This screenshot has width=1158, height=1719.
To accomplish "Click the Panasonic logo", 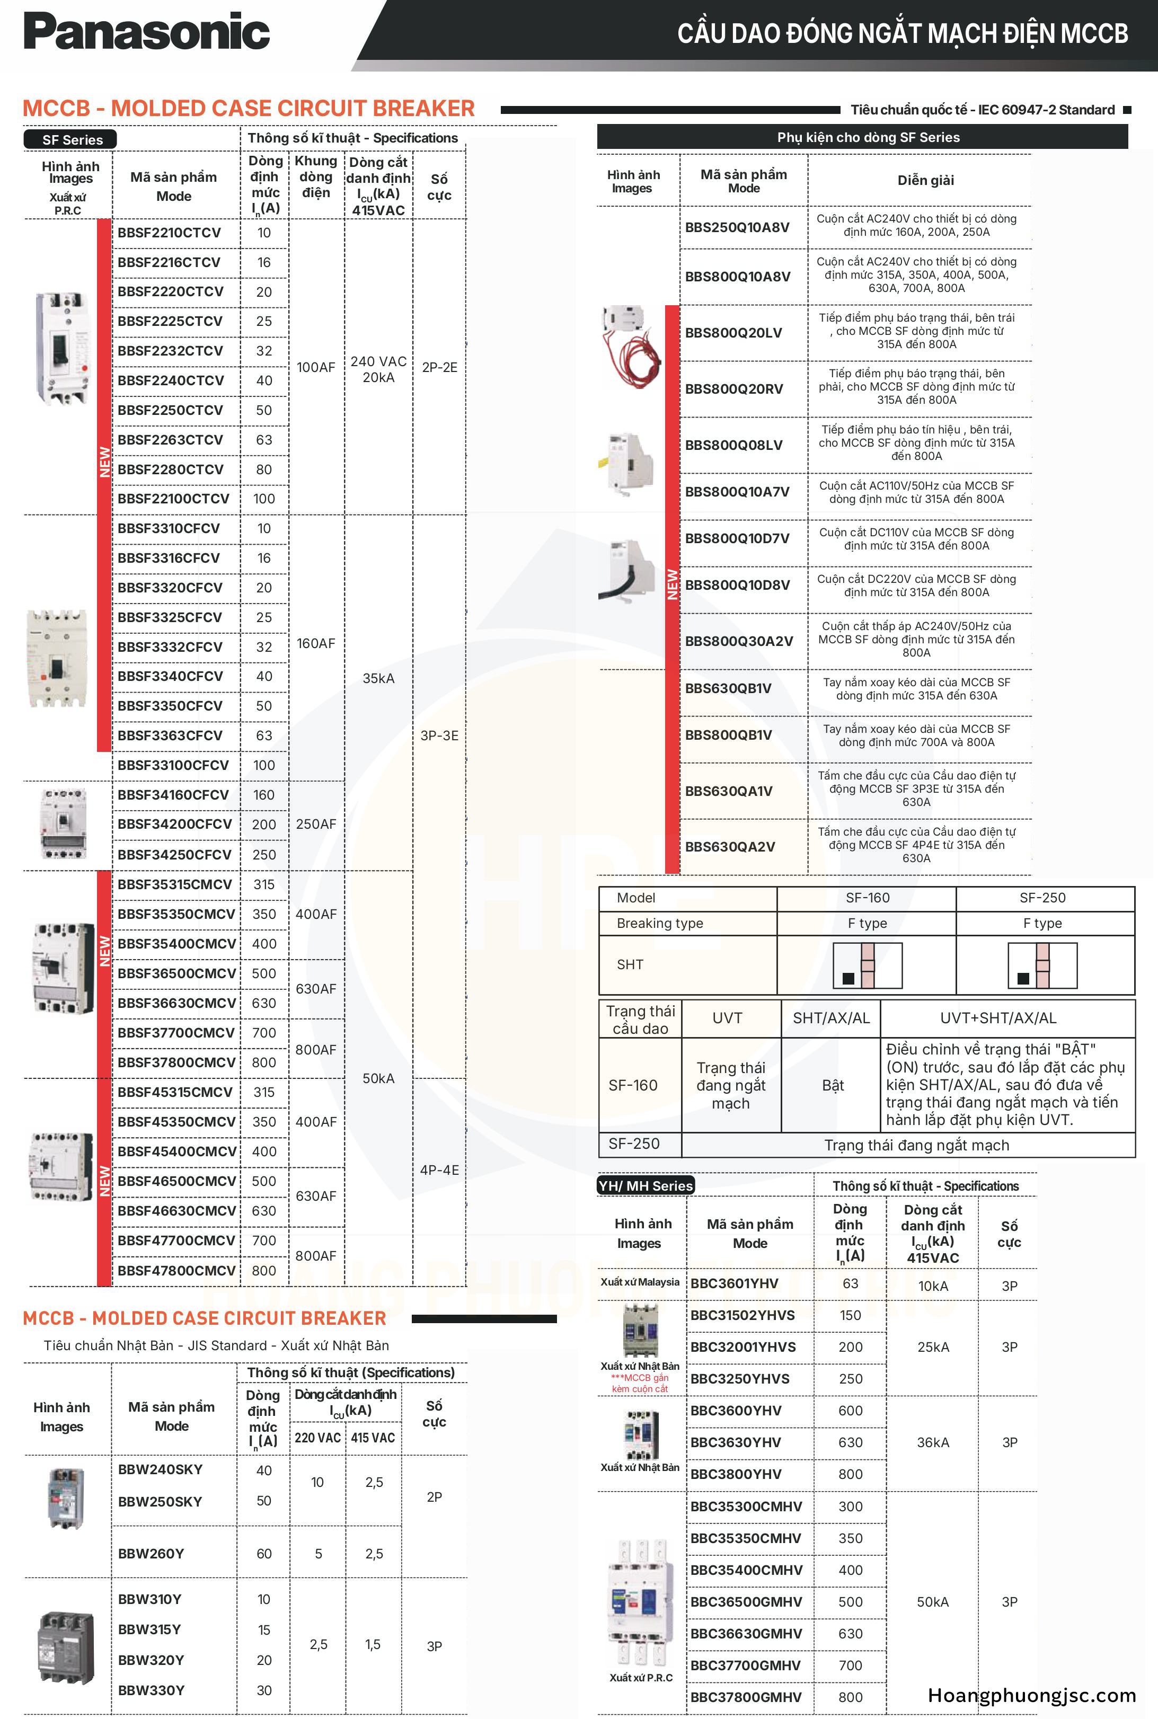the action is [146, 32].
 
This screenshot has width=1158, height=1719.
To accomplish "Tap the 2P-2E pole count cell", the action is [439, 367].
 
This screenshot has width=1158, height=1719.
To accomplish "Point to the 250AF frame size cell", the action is [316, 824].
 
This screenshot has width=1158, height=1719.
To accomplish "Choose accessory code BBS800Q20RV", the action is [734, 389].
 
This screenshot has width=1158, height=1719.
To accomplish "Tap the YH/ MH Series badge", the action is [646, 1185].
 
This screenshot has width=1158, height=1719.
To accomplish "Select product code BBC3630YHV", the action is [736, 1442].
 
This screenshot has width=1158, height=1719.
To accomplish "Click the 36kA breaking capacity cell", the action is [933, 1442].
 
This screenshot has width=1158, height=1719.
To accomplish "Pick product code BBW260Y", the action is [151, 1554].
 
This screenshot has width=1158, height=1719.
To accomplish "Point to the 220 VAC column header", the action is [317, 1438].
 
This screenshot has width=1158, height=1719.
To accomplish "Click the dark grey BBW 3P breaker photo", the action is [66, 1647].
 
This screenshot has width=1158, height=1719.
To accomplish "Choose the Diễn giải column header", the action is [925, 180].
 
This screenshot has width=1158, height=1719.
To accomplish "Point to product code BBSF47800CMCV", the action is [176, 1270].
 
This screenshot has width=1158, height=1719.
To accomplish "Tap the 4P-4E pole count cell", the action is [439, 1169].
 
